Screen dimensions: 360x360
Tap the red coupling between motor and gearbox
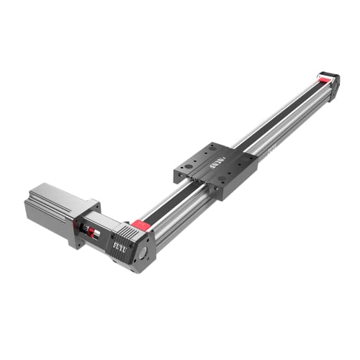[91, 229]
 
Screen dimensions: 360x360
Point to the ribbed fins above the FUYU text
[130, 232]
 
